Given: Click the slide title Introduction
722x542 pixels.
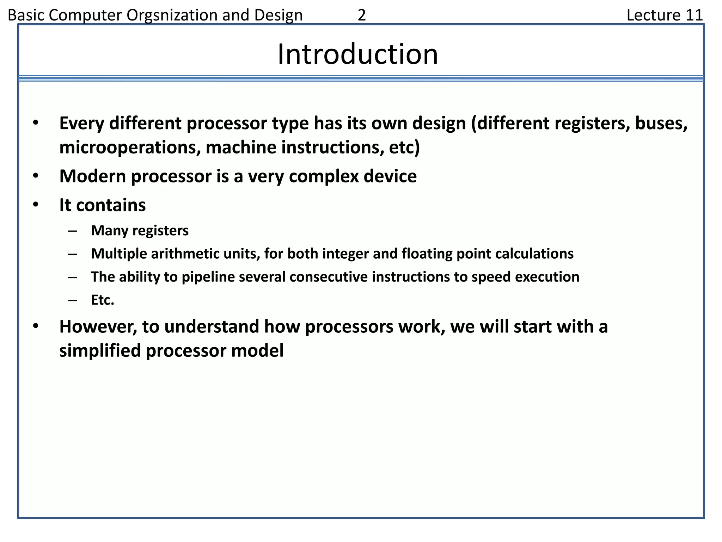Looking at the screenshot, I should tap(357, 54).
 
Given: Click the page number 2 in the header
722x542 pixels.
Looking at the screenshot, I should tap(361, 15).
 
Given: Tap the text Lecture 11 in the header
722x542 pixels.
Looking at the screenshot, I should tap(665, 15).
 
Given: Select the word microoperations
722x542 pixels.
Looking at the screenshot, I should tap(127, 147).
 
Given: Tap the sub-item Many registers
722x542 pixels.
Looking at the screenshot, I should tap(140, 230).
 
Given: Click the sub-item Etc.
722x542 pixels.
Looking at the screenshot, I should tap(103, 300).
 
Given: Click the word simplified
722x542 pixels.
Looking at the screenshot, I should tap(100, 350).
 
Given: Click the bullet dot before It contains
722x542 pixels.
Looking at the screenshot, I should tap(35, 205).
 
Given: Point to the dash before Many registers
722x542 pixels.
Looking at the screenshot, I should tap(73, 231).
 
